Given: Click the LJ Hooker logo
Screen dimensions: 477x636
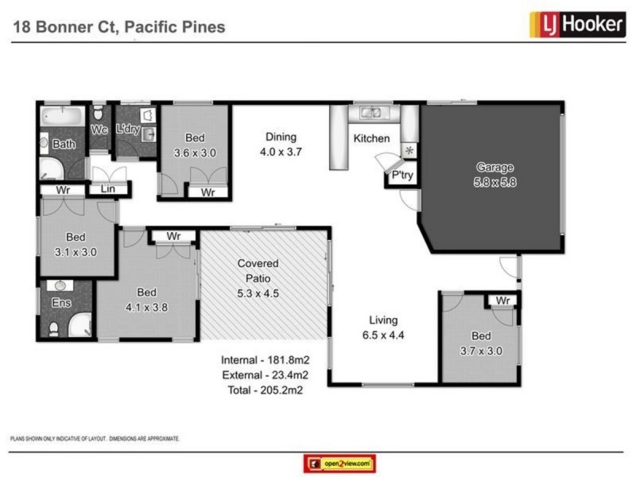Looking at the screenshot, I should click(x=576, y=25).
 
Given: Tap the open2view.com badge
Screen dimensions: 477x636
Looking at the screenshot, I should click(x=339, y=463).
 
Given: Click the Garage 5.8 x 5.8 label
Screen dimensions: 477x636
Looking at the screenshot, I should click(x=494, y=174).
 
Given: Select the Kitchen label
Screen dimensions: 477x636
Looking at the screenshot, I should click(x=371, y=138).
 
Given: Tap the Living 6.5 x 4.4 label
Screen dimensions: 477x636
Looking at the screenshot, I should click(x=382, y=327).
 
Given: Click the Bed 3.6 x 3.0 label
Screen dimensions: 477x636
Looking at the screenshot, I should click(x=195, y=145).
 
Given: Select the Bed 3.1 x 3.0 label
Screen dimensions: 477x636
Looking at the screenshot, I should click(x=76, y=244).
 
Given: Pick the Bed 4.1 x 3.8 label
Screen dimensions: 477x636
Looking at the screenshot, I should click(x=146, y=298).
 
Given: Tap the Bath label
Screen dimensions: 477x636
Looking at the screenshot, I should click(x=63, y=145).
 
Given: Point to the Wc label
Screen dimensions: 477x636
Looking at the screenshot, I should click(x=99, y=130).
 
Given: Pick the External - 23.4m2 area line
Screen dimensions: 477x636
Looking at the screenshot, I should click(x=265, y=374).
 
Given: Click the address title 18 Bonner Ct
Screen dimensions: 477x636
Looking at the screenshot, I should click(x=119, y=27).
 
